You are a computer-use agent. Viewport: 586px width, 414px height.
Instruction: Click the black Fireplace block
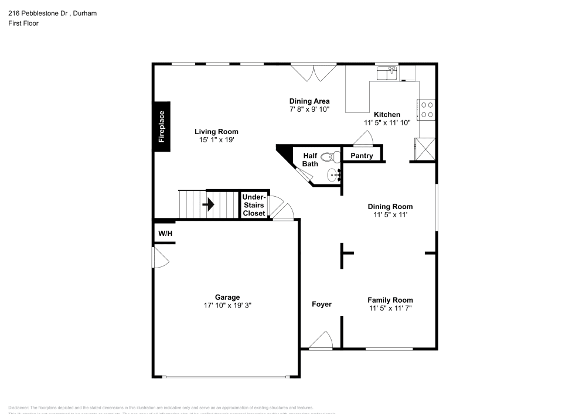[162, 126]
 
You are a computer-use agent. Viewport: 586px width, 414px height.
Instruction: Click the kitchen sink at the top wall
[387, 73]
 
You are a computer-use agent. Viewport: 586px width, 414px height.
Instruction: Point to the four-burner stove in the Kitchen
[426, 110]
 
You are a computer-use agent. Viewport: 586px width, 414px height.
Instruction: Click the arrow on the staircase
[208, 205]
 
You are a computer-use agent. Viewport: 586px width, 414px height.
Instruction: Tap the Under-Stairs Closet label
[254, 205]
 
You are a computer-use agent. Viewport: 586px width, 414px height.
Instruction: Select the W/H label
[165, 234]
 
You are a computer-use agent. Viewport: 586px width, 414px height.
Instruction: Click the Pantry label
[362, 156]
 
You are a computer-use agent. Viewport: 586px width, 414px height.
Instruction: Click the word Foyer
[322, 304]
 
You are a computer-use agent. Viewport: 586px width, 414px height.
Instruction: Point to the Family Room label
[390, 300]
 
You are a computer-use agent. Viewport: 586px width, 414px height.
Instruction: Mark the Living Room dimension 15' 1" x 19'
[216, 140]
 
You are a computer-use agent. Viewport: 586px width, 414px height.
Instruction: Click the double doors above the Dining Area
[314, 72]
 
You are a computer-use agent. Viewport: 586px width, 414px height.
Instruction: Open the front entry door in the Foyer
[321, 341]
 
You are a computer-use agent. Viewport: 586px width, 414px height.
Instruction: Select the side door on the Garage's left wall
[158, 256]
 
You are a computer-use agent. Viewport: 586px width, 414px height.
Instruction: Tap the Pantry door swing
[364, 138]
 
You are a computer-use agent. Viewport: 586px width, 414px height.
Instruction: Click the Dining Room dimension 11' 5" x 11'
[390, 215]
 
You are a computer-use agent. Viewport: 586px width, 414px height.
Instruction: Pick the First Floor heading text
[23, 23]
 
